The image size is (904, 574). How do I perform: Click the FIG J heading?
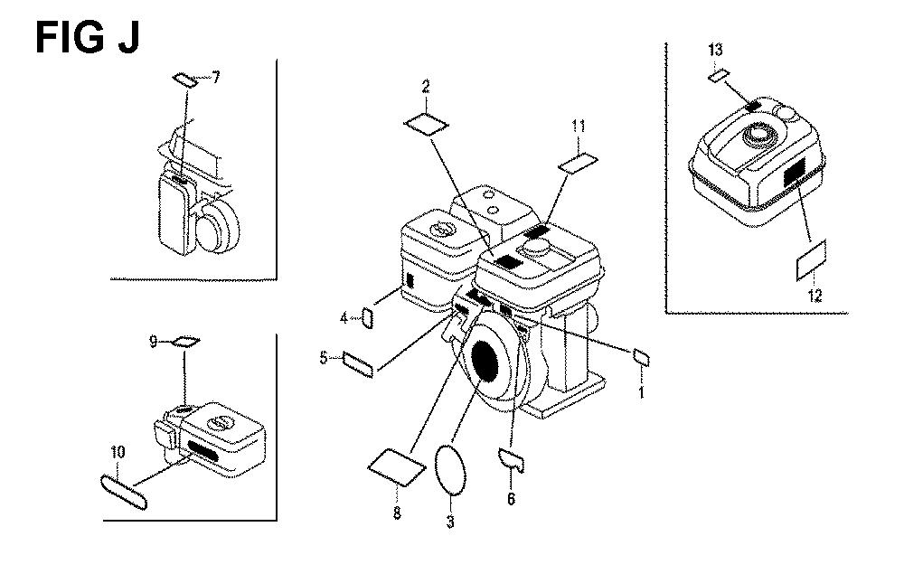(88, 38)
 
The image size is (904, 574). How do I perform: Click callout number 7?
(216, 77)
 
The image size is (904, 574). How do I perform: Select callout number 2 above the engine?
(426, 87)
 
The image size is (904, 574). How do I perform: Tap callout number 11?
(579, 126)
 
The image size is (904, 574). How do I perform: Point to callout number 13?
(715, 50)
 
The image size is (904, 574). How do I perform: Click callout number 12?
(815, 296)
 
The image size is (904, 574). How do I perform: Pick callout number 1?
(641, 392)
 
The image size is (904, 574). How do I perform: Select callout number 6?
(511, 498)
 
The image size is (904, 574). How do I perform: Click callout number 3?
(450, 522)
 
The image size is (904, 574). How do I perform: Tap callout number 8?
(397, 513)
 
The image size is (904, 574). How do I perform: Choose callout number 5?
(324, 358)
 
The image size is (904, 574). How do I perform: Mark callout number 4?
(344, 317)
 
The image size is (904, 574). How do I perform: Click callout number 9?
(154, 342)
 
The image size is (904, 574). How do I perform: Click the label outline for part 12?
(798, 269)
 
